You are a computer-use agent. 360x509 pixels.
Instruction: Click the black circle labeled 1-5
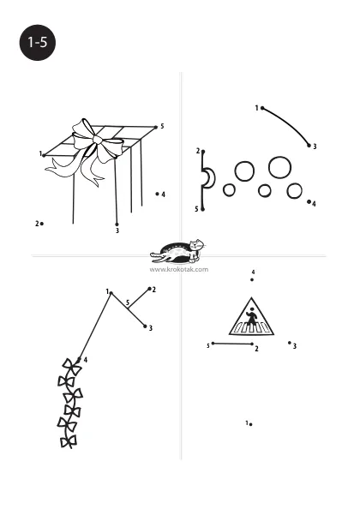tap(38, 43)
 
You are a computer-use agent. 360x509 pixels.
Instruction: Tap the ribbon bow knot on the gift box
tap(98, 140)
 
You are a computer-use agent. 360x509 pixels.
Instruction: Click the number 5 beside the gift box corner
tap(162, 126)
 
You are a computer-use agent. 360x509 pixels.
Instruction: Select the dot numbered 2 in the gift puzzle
tap(42, 224)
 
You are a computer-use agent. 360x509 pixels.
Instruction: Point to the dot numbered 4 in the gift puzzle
tap(157, 194)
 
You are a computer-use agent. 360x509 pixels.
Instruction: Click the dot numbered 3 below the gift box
tap(117, 225)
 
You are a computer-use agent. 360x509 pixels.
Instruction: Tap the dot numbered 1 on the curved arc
tap(262, 108)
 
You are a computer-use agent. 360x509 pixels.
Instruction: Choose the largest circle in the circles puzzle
tap(279, 167)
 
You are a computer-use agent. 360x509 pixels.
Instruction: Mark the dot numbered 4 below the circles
tap(309, 201)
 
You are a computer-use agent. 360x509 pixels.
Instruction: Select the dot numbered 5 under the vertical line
tap(203, 209)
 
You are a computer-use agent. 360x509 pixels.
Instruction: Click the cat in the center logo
tap(196, 249)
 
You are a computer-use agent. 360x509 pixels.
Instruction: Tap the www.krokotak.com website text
tap(179, 269)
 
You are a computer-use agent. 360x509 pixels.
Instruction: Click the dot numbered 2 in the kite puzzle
tap(149, 289)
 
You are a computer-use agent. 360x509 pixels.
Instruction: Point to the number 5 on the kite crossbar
tap(128, 302)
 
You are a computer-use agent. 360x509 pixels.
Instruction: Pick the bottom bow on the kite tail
tap(69, 441)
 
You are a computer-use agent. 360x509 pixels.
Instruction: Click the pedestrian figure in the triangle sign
tap(251, 316)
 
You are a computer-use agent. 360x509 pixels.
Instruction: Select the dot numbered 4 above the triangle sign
tap(252, 280)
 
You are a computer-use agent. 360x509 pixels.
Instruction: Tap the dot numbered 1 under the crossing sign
tap(251, 424)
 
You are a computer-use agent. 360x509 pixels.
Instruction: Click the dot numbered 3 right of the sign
tap(290, 343)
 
